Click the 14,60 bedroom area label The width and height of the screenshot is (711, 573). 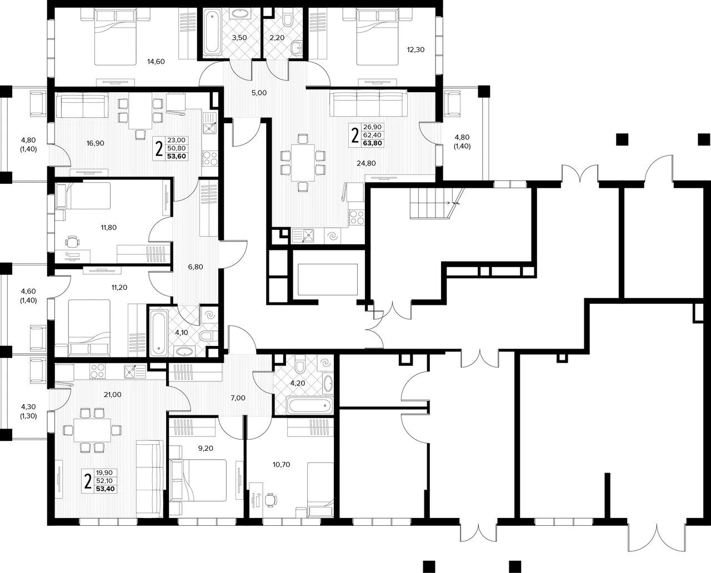point(156,62)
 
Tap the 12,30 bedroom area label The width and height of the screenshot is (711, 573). point(415,49)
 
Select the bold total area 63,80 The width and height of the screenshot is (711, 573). point(372,143)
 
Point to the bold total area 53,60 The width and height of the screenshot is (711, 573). point(177,156)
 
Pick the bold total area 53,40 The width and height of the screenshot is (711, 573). point(106,489)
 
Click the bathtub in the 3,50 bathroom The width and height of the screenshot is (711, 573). point(212,32)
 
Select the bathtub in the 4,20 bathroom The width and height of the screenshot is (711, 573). point(310,405)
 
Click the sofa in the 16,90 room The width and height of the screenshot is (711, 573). point(82,105)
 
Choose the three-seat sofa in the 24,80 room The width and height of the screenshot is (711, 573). point(368,104)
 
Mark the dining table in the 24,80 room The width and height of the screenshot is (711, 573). point(303,163)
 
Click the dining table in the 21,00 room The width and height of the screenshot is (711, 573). point(93,430)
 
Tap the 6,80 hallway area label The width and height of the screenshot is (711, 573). point(196,267)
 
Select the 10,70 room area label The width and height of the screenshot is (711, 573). point(282,464)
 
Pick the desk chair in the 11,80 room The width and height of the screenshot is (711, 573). point(72,241)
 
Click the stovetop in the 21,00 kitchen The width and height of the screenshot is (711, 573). point(97,371)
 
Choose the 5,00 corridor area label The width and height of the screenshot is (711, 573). point(259,93)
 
